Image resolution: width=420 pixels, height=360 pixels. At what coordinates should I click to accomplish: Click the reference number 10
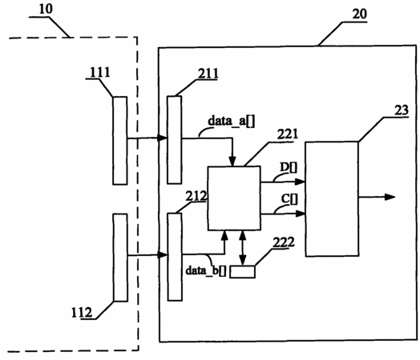pos(46,9)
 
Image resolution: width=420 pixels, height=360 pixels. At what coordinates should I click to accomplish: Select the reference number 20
pos(359,14)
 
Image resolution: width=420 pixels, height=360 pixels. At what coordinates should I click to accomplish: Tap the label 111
pos(99,72)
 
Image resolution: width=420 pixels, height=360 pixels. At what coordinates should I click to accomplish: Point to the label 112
pos(82,313)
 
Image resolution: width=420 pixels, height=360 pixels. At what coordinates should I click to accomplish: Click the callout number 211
pos(208,74)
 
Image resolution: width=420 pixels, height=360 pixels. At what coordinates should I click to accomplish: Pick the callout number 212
pos(196,196)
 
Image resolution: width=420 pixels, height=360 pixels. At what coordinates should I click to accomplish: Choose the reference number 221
pos(288,134)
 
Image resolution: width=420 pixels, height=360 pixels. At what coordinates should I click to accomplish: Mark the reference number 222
pos(284,242)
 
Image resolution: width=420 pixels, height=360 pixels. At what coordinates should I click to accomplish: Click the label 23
pos(402,110)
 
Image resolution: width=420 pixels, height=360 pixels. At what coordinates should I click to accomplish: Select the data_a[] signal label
pos(232,121)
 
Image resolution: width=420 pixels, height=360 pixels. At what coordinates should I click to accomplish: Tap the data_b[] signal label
pos(206,270)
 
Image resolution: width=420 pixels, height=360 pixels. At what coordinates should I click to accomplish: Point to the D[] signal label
pos(289,167)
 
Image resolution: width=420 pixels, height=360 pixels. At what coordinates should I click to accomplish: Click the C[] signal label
pos(289,199)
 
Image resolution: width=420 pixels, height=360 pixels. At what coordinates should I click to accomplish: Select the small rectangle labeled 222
pos(242,272)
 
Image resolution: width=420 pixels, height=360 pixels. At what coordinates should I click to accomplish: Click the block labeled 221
pos(234,198)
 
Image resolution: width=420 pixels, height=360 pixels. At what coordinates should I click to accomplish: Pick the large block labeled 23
pos(332,199)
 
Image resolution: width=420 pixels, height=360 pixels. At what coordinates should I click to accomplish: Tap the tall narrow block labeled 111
pos(119,141)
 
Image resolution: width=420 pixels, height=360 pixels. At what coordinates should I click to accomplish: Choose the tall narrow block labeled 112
pos(120,258)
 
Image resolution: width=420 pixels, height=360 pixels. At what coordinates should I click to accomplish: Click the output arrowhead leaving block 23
pos(390,198)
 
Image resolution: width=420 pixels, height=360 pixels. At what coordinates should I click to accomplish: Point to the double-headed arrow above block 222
pos(243,248)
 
